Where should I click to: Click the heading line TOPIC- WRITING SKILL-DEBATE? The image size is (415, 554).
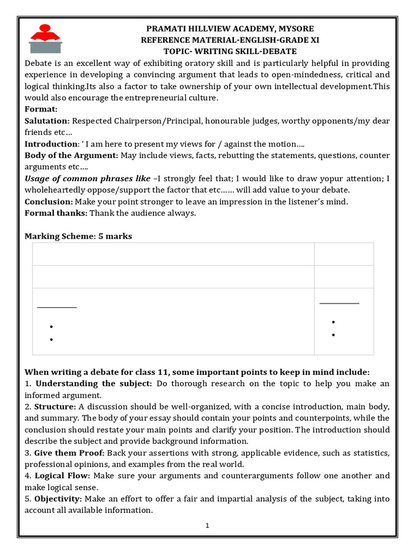(218, 51)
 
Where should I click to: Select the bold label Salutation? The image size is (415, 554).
(47, 121)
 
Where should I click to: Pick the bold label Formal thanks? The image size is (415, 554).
(56, 213)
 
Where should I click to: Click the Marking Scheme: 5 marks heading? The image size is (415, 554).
(78, 236)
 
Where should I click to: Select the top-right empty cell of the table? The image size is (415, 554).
(344, 254)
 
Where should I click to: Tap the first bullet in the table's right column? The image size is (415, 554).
(333, 322)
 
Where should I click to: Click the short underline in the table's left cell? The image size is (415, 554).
(57, 307)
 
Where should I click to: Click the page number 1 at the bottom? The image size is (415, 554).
(207, 526)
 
